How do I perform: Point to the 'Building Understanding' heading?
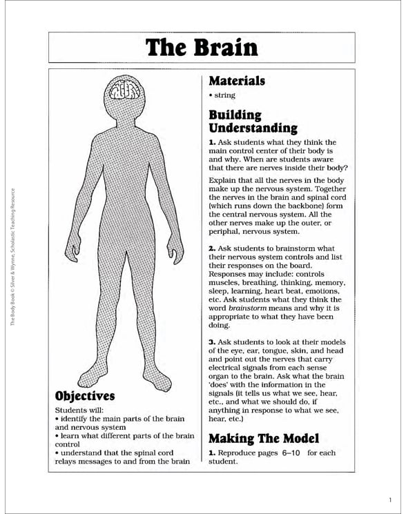pyautogui.click(x=253, y=121)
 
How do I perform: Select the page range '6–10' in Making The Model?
pyautogui.click(x=289, y=453)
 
